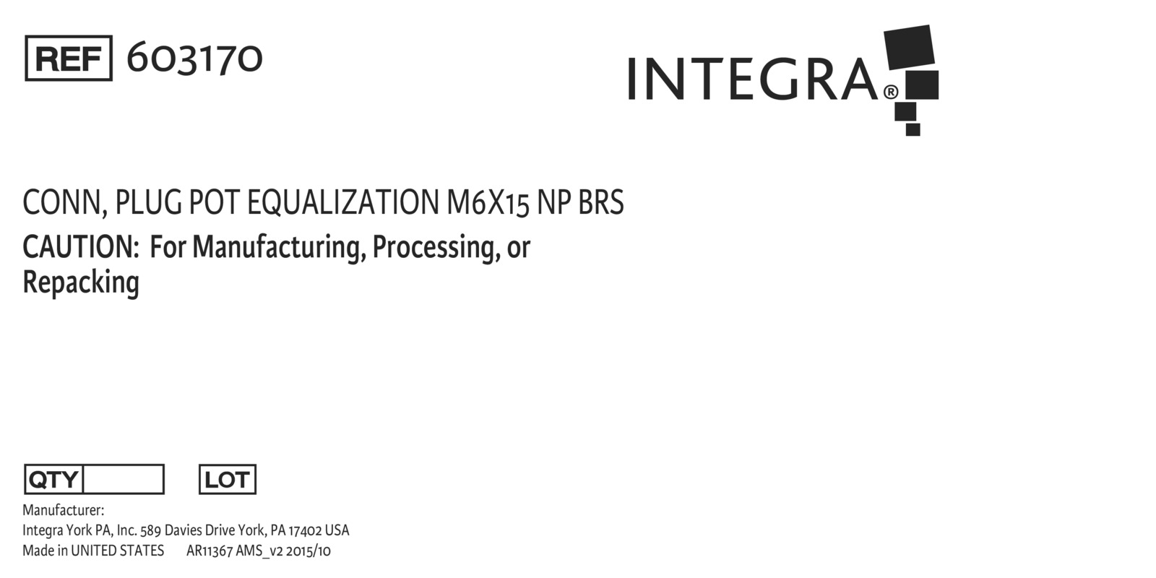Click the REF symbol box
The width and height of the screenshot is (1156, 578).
point(69,59)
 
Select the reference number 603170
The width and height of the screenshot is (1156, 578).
point(194,59)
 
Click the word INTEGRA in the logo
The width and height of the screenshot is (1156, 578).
point(752,79)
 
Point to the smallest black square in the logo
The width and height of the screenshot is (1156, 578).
point(913,129)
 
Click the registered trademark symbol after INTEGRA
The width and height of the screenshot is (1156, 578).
point(891,92)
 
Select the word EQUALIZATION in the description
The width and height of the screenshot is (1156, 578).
point(342,202)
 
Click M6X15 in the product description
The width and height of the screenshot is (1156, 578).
point(488,202)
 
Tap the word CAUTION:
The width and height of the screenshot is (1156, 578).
point(81,247)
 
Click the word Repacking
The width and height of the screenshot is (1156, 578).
point(81,283)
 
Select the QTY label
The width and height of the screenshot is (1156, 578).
point(53,480)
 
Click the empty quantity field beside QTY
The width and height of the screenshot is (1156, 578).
point(124,480)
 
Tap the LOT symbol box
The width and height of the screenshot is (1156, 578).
point(228,480)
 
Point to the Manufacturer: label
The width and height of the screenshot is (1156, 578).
point(63,510)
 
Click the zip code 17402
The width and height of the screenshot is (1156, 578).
point(304,530)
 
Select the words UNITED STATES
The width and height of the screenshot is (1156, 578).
point(117,551)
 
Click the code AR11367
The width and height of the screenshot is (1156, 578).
point(210,551)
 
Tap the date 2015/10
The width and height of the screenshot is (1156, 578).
point(308,551)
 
